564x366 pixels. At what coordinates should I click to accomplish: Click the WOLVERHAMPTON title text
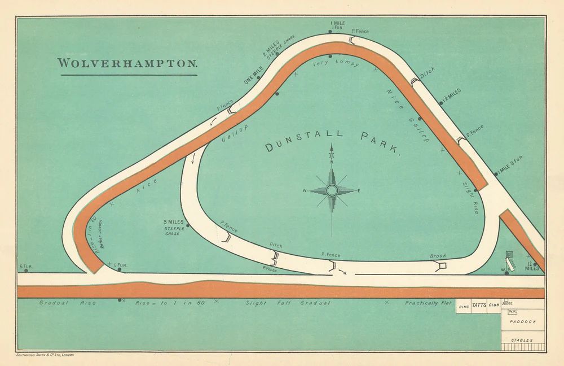pos(128,63)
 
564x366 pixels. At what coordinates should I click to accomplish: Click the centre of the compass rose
pos(332,191)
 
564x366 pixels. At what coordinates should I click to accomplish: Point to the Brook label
pos(438,256)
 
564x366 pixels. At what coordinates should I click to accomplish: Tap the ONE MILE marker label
pos(253,76)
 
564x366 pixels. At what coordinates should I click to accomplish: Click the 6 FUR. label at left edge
pos(25,266)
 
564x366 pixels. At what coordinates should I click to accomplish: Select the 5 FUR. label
pos(120,265)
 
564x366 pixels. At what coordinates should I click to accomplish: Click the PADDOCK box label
pos(523,321)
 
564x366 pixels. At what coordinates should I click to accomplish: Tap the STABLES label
pos(522,340)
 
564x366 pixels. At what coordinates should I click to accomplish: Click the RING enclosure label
pos(464,307)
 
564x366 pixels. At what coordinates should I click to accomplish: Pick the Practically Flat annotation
pos(428,303)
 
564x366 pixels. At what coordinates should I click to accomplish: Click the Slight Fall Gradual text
pos(288,303)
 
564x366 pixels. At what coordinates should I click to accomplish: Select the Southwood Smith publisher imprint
pos(45,355)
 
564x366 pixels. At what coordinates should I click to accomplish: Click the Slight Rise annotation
pos(470,197)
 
